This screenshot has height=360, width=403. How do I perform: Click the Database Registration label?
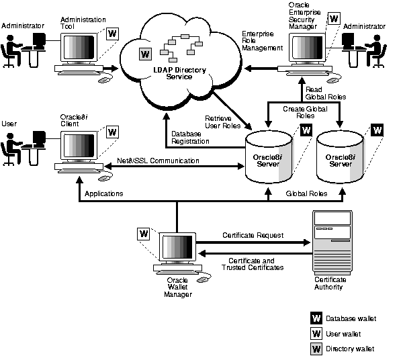pyautogui.click(x=191, y=137)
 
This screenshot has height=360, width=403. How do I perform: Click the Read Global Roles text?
pyautogui.click(x=326, y=93)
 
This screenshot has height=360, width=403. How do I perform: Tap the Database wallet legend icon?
pyautogui.click(x=316, y=318)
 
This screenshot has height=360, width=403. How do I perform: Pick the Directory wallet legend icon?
pyautogui.click(x=316, y=349)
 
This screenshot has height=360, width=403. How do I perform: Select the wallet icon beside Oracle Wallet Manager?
pyautogui.click(x=144, y=234)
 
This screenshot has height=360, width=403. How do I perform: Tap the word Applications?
pyautogui.click(x=104, y=193)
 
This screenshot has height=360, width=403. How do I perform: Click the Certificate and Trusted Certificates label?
pyautogui.click(x=253, y=264)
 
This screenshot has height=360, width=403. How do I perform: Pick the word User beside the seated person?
pyautogui.click(x=9, y=124)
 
